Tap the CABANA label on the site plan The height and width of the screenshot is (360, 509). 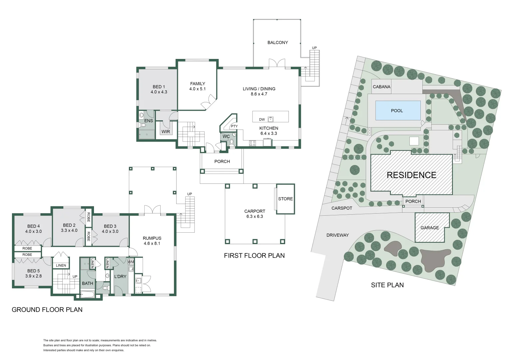point(381,87)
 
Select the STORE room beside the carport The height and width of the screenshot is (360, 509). point(285,199)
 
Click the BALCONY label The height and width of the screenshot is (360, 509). point(277,42)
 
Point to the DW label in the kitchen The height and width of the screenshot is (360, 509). point(262,119)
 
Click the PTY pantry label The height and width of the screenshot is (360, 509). point(234,126)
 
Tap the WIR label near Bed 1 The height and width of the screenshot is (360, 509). point(166,132)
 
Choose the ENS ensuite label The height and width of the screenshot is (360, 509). point(149,121)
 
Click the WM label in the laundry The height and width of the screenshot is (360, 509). point(131,262)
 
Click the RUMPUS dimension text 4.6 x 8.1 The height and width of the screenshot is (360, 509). point(152,243)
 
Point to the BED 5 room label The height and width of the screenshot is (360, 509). point(33,271)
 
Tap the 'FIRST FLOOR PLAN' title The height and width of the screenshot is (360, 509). point(254,256)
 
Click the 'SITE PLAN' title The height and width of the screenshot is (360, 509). point(387,285)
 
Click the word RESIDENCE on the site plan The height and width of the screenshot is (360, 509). point(411,175)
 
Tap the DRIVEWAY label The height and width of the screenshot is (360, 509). point(337,235)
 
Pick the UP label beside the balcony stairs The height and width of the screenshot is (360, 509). point(314,48)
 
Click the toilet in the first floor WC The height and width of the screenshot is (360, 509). point(232,142)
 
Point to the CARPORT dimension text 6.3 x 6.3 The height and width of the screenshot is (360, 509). point(254,216)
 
